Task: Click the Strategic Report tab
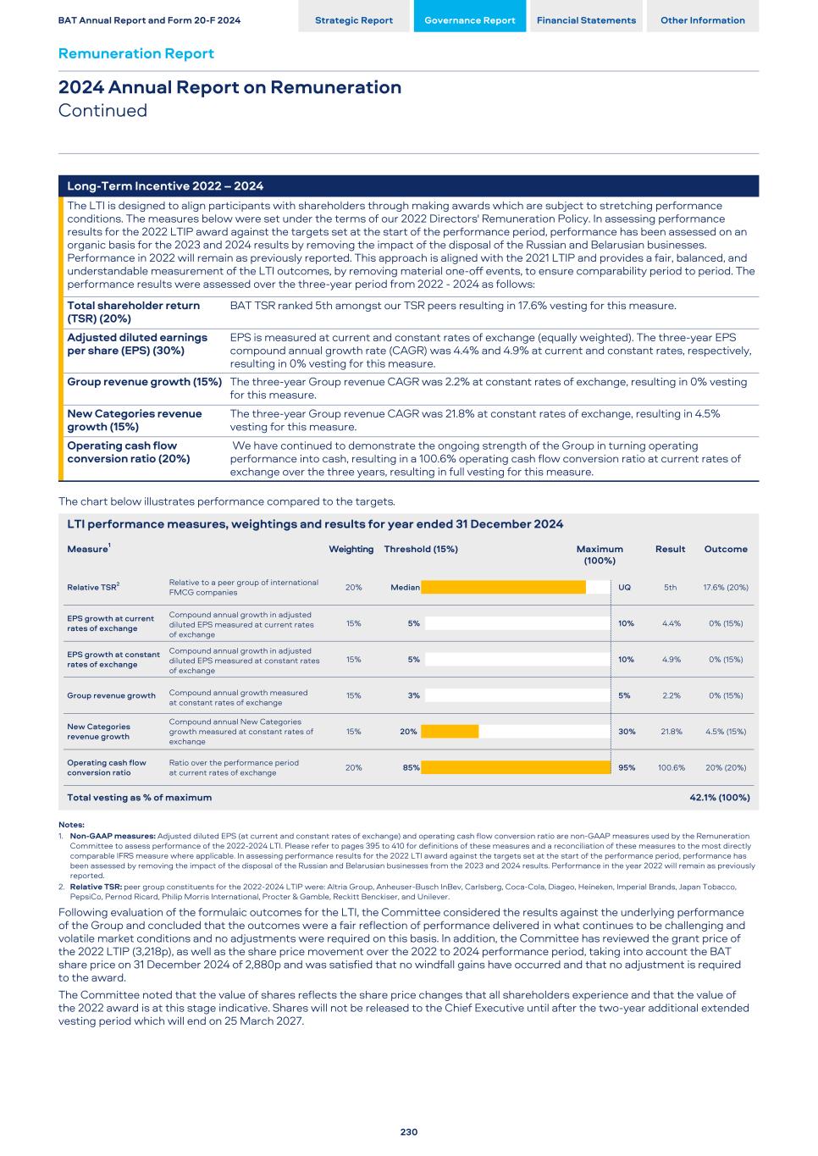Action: [354, 20]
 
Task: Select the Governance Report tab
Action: [469, 20]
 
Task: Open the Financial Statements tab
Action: [586, 20]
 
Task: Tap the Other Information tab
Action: [703, 20]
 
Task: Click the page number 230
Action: [409, 1131]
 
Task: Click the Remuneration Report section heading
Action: [135, 53]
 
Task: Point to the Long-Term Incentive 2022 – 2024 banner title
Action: [165, 186]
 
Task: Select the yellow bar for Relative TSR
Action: [503, 587]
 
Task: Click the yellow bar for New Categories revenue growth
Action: [450, 732]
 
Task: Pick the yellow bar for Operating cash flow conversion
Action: [516, 767]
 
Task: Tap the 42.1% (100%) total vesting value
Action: [720, 797]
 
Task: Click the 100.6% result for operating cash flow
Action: [672, 767]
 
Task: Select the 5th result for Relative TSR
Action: [670, 587]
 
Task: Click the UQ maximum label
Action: [624, 587]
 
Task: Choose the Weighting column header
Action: [351, 549]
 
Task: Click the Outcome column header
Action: [726, 549]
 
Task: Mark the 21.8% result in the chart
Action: [672, 732]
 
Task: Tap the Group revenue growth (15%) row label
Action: [144, 382]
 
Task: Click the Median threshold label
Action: [405, 587]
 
